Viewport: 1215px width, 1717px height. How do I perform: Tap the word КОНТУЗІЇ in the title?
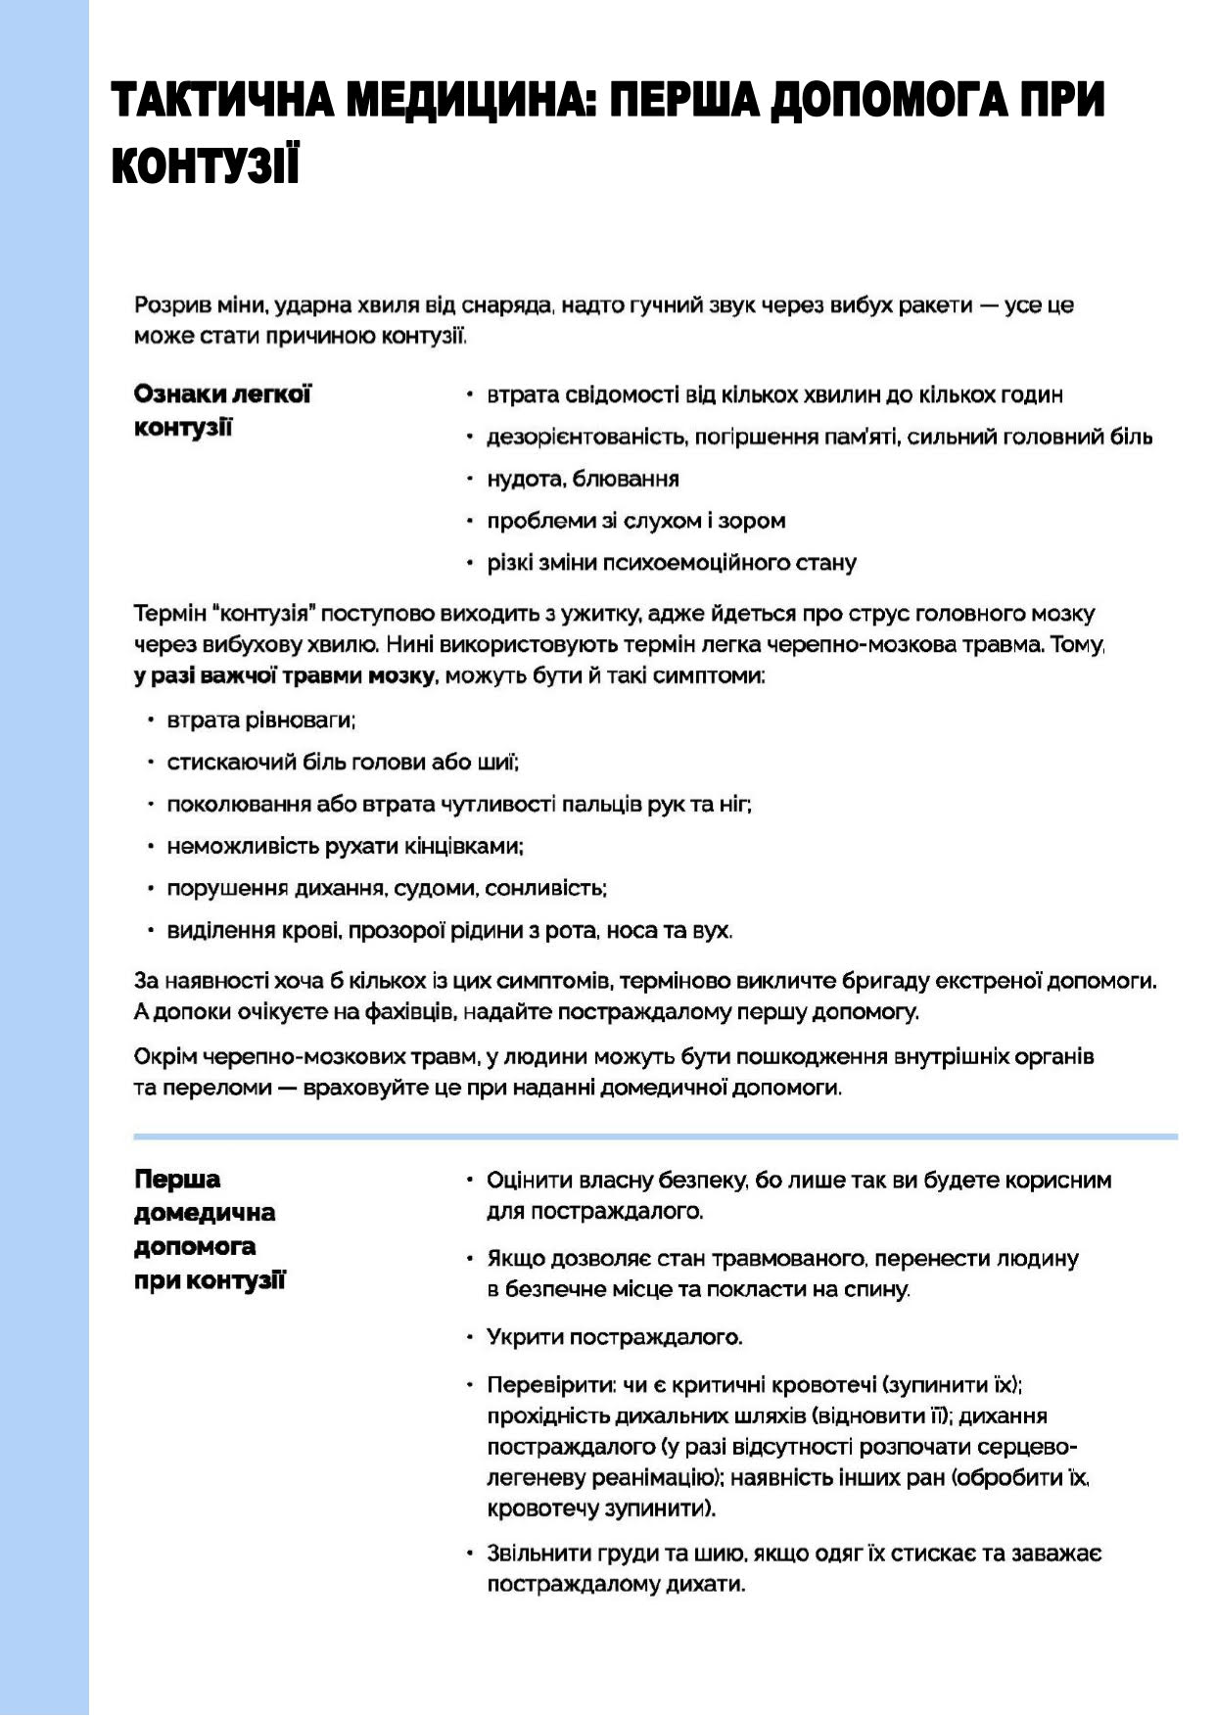[x=206, y=167]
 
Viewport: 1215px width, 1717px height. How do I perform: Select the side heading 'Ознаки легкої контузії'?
[x=222, y=411]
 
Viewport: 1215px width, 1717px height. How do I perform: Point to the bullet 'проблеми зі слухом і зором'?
[x=636, y=521]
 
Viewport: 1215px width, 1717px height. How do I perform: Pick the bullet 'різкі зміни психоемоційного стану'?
[x=672, y=563]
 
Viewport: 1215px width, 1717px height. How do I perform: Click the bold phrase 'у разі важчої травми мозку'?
[x=285, y=676]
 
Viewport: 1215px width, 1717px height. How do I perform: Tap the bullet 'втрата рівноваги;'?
[x=261, y=720]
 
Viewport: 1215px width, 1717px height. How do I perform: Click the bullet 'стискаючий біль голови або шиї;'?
[x=343, y=762]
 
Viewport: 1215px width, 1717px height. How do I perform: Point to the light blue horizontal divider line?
[x=655, y=1137]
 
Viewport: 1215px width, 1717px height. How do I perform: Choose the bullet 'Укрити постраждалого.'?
[x=615, y=1337]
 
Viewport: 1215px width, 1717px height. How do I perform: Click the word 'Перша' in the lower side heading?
[x=177, y=1180]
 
